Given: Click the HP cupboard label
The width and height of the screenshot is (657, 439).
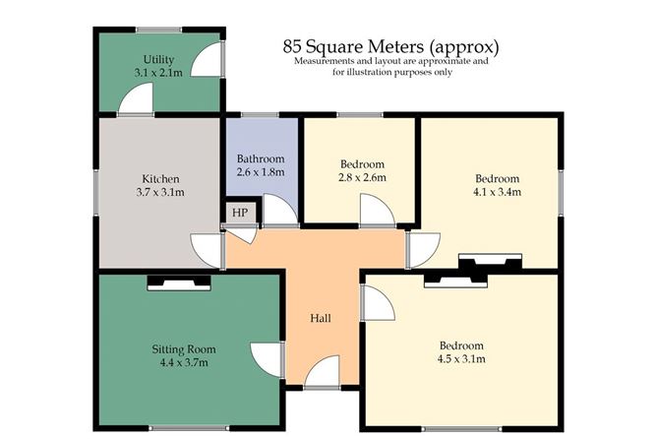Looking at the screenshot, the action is coord(240,213).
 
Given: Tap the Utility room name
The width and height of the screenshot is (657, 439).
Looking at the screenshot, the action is coord(158,59).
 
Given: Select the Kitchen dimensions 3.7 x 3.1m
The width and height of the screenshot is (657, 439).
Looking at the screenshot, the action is coord(160,193).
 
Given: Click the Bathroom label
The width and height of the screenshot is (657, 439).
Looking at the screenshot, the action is coord(261,158).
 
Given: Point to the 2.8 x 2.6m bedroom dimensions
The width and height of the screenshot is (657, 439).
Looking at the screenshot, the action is coord(362,177).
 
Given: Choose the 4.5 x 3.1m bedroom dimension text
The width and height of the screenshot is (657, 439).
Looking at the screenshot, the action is coord(461,359).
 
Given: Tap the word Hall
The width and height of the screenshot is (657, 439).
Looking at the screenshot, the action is coord(321,318).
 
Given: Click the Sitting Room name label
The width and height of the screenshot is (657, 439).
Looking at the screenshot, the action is coord(184,349).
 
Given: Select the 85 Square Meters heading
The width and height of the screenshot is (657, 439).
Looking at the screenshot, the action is coord(390,46).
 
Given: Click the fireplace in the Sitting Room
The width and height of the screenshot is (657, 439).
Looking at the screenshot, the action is coord(179,282).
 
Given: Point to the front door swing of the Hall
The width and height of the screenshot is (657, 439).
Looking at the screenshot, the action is coord(322,371).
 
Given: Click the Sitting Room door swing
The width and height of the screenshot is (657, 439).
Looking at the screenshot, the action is coord(268,360).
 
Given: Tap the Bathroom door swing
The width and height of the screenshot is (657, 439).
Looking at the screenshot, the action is coord(280,210).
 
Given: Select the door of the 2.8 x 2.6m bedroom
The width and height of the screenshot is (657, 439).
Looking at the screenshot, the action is coord(377,210).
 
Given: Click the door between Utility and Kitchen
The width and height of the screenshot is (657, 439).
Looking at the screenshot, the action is coord(136,98).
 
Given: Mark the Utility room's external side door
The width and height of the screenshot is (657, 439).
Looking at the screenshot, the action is coord(208,59).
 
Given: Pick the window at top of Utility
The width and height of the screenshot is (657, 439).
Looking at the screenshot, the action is coord(158,30).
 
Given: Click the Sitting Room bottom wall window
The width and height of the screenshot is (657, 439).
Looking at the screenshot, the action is coord(190,428).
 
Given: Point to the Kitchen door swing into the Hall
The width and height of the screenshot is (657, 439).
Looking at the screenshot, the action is coord(207,251).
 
